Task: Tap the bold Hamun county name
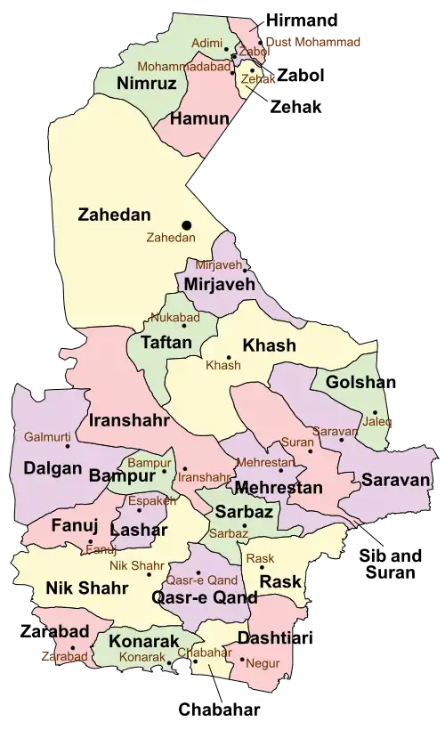194,118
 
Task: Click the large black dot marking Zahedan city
187,224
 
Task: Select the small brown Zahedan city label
171,239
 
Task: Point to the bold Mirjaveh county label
219,284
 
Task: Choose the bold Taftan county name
163,341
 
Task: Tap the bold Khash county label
269,345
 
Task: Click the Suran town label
295,442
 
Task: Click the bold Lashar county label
138,529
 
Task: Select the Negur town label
265,662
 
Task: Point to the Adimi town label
207,42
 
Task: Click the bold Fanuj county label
69,524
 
